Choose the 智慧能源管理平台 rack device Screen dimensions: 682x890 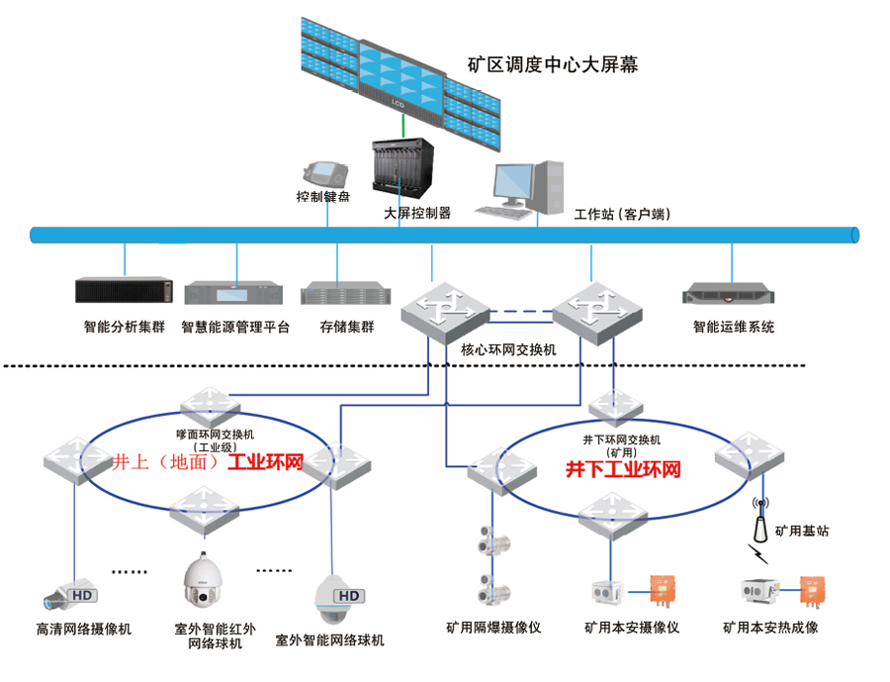point(237,293)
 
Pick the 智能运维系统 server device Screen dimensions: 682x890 point(733,293)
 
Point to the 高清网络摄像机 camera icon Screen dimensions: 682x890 point(70,596)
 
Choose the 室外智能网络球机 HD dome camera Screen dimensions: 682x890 point(338,594)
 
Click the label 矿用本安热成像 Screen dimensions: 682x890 point(770,628)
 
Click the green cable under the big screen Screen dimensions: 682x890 point(403,127)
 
